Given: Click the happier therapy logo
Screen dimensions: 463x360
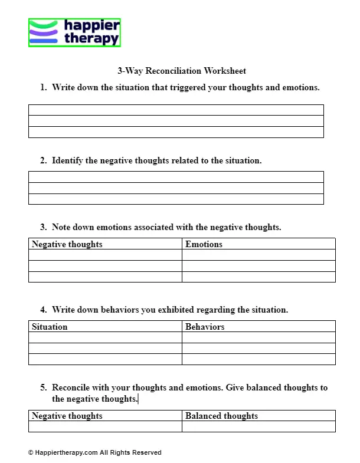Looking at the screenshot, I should (74, 32).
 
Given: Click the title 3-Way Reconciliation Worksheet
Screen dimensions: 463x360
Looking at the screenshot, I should (182, 71).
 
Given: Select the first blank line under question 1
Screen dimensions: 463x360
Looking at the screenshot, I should (176, 110).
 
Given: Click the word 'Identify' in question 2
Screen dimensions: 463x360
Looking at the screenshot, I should (67, 160).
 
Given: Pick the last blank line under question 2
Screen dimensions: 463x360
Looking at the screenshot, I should (176, 199).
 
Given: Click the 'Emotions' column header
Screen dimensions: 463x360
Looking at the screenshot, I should (204, 244).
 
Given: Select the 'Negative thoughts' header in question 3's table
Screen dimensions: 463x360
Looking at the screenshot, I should (67, 244).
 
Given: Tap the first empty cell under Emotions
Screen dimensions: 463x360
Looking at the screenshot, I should (258, 255).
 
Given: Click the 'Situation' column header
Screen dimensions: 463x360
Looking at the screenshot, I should (50, 327).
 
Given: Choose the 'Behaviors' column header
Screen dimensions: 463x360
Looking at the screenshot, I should (205, 327).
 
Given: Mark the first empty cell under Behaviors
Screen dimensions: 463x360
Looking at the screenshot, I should (258, 337).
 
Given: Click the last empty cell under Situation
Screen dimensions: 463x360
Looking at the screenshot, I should (105, 359).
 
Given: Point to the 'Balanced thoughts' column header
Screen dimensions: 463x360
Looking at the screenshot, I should (221, 416).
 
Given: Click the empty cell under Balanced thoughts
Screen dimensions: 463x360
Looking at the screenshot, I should (258, 426).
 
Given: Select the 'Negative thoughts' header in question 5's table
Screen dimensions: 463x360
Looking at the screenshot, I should (67, 416).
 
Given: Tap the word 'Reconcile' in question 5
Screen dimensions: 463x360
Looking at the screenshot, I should (72, 388).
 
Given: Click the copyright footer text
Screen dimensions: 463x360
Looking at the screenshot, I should (94, 452).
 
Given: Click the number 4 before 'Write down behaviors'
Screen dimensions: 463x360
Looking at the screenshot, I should (43, 310).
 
